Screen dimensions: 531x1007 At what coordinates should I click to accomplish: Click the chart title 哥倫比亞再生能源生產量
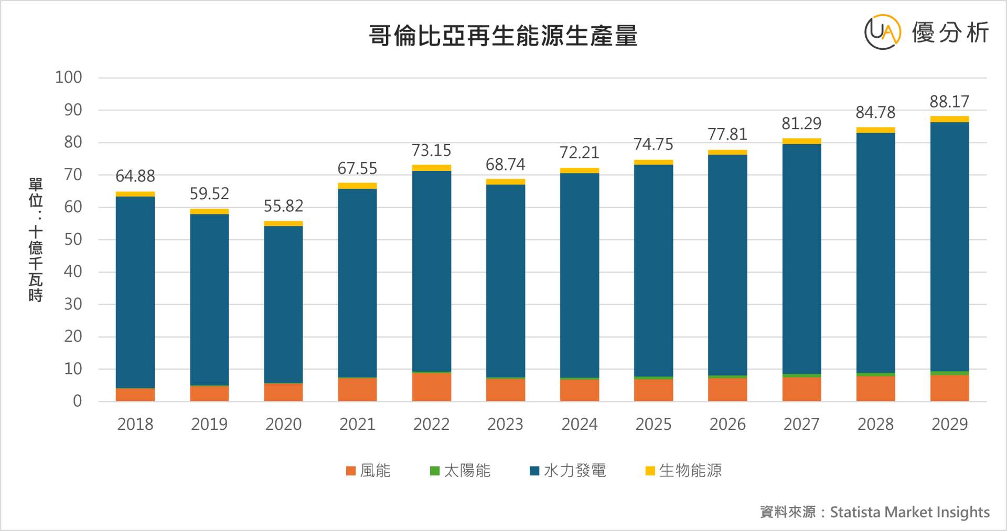503,36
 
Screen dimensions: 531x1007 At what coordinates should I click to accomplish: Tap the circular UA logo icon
882,32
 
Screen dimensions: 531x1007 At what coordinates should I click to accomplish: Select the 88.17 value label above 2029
949,101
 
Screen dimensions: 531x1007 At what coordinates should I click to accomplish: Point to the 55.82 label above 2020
283,205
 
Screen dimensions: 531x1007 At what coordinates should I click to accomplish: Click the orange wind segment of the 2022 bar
431,387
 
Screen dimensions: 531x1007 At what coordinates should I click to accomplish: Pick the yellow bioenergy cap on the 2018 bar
135,194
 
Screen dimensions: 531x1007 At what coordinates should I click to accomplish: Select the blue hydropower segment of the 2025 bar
654,270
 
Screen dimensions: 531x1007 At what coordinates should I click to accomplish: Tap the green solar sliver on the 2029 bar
949,373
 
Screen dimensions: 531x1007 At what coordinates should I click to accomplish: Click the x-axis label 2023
505,424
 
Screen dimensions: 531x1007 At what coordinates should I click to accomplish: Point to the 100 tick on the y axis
69,78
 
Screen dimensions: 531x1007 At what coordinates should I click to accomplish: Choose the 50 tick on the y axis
73,240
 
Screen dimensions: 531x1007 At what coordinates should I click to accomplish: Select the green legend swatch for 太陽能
435,471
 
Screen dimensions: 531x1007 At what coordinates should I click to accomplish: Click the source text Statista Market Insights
909,512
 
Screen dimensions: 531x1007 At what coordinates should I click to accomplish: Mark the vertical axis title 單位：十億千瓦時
36,240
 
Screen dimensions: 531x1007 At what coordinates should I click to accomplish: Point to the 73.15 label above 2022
431,150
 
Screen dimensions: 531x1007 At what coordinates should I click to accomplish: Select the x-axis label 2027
801,424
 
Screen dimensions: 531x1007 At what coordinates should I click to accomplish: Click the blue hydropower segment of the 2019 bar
209,299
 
